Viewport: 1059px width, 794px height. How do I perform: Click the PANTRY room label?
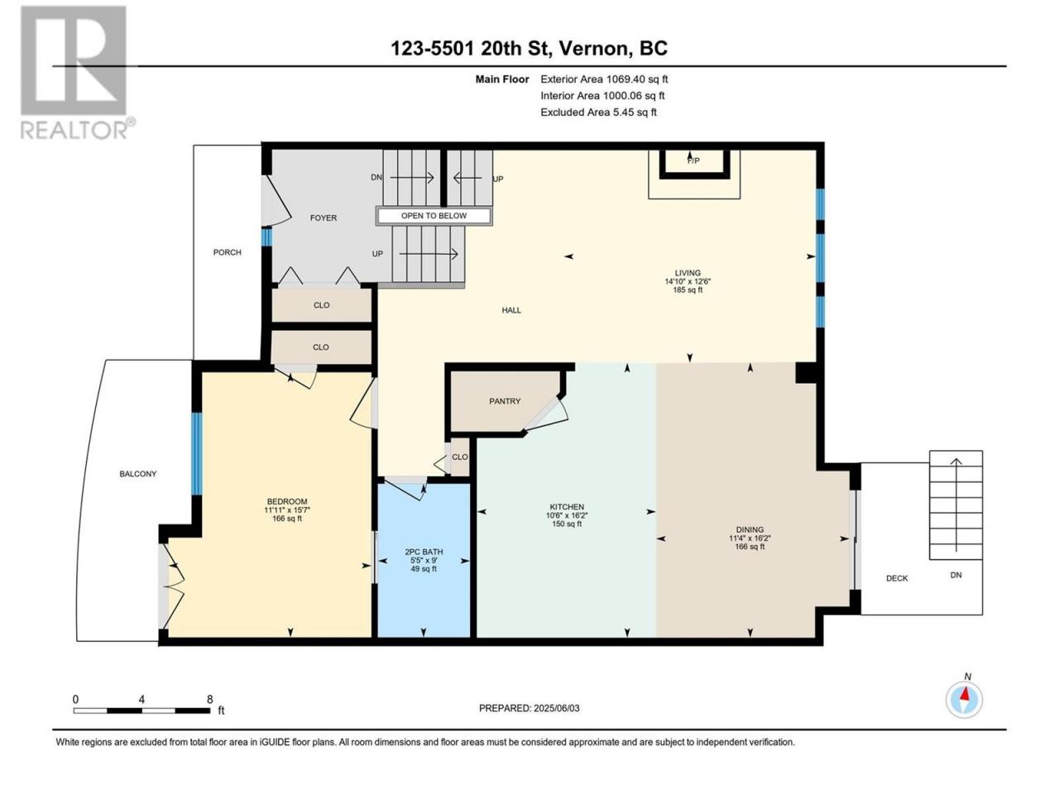[x=505, y=401]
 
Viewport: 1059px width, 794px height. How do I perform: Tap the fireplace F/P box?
[x=694, y=164]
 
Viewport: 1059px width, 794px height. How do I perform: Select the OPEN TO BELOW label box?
[x=434, y=216]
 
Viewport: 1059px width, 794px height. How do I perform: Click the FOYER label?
[x=323, y=218]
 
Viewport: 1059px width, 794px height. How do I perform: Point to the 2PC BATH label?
[x=424, y=552]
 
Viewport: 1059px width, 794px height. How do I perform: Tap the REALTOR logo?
[x=77, y=73]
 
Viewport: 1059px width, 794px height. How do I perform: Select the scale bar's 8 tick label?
[x=209, y=699]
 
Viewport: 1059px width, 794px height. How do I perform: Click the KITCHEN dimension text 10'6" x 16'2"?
[x=567, y=515]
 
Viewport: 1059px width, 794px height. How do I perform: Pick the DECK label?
[x=897, y=578]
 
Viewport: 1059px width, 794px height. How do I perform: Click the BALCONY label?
[x=138, y=474]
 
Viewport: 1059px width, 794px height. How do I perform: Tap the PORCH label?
[x=228, y=252]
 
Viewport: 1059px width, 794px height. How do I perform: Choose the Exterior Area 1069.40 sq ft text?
[x=604, y=79]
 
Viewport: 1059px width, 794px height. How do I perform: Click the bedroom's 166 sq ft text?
[x=287, y=519]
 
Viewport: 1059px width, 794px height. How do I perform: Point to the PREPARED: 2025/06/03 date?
[x=529, y=708]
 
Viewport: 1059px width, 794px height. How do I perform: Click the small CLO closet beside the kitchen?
[x=459, y=457]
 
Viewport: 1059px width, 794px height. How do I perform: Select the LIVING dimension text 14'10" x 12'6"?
[x=688, y=281]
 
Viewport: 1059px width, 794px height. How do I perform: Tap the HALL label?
[x=511, y=310]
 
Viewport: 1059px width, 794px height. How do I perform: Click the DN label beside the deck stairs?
[x=956, y=575]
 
